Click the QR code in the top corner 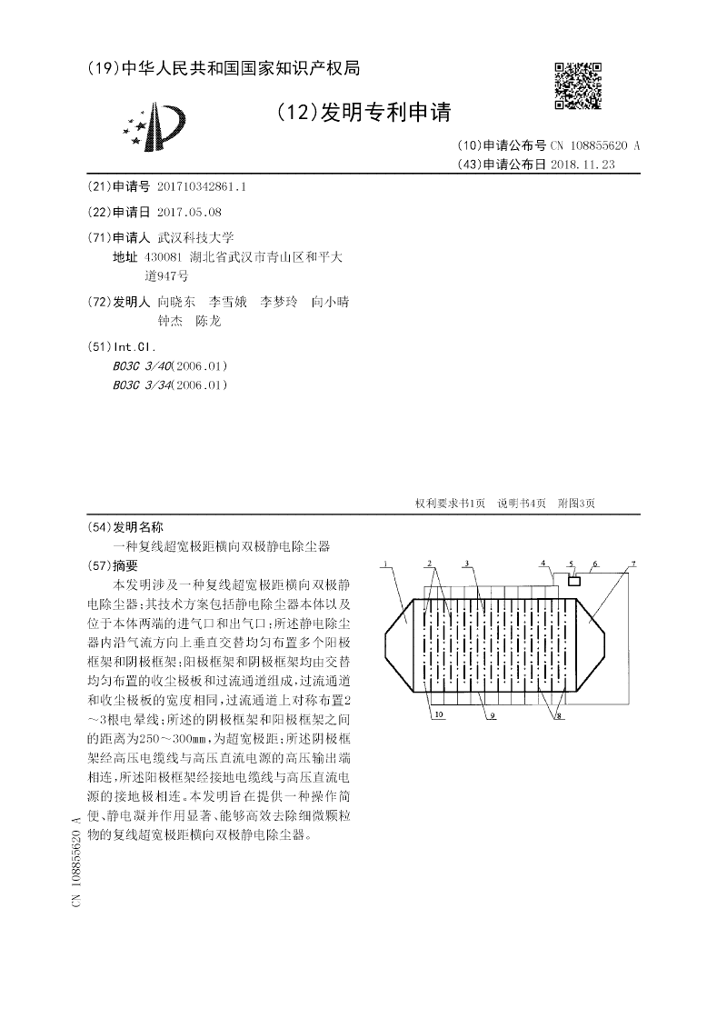tap(578, 85)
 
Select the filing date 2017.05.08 tap(189, 212)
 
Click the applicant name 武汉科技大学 tap(195, 238)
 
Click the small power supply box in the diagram tap(574, 580)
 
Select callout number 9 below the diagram tap(491, 716)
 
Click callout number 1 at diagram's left tap(385, 564)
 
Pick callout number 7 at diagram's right tap(633, 564)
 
